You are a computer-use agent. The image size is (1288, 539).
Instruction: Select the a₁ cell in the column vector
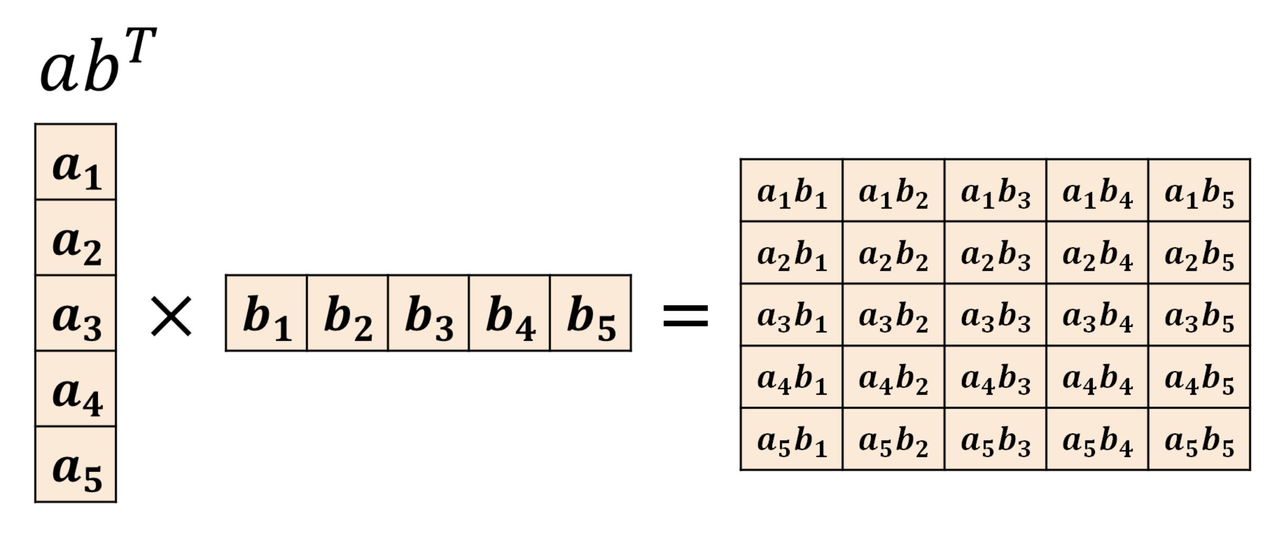(76, 162)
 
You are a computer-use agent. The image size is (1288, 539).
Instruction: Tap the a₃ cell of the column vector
(76, 313)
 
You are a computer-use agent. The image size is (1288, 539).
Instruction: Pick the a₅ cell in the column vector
(76, 464)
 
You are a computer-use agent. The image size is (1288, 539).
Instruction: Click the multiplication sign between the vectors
(171, 315)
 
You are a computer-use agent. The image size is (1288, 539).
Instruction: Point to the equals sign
(686, 315)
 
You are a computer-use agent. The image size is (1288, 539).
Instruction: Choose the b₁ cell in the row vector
(266, 313)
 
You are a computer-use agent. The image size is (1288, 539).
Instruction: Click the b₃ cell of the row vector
(428, 313)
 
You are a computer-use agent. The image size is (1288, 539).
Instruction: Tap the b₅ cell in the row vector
(591, 313)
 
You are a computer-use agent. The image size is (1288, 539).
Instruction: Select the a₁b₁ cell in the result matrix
(792, 190)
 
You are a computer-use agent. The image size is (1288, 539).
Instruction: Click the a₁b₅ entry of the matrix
(1199, 190)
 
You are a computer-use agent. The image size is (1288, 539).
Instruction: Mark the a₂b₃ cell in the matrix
(996, 252)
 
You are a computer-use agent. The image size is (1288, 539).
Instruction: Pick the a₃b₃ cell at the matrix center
(996, 315)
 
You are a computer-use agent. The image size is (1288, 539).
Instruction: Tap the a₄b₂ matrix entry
(894, 377)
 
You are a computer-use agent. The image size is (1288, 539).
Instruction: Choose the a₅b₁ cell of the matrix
(792, 439)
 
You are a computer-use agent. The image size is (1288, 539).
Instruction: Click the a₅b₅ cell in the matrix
(1199, 439)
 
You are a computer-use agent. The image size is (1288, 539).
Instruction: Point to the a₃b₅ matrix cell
(1199, 315)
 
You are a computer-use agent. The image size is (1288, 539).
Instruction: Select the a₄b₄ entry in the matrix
(1097, 377)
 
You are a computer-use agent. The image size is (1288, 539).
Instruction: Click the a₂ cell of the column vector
(76, 237)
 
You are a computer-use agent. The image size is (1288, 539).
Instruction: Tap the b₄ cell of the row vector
(509, 313)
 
